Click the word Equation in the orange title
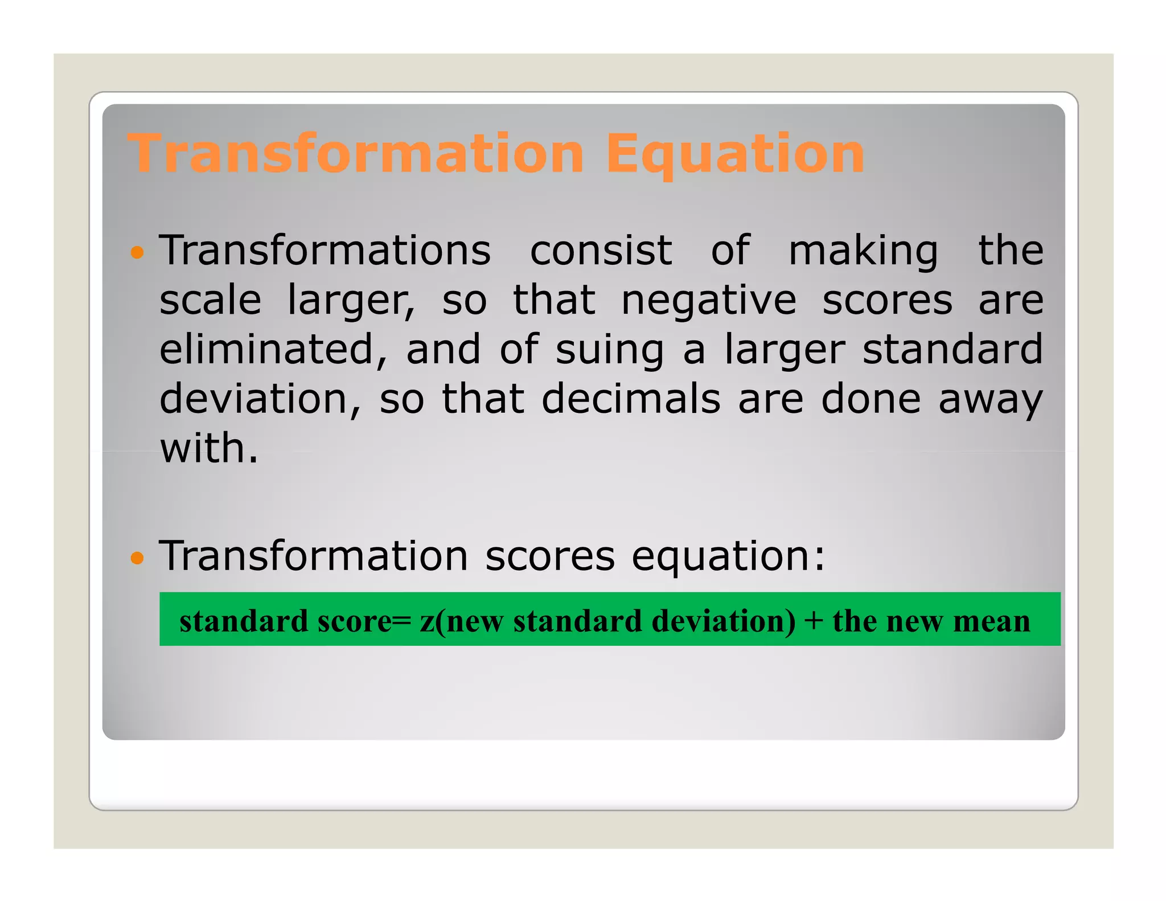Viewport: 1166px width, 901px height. (734, 154)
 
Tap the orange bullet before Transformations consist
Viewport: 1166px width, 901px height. (137, 252)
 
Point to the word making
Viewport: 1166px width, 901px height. (863, 252)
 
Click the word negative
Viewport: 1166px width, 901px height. (708, 300)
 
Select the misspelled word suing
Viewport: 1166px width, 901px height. (609, 350)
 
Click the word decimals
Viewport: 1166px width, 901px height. (631, 399)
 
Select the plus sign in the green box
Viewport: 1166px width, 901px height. (814, 620)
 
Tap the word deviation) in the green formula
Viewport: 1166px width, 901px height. (723, 620)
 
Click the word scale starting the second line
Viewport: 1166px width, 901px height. (210, 300)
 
